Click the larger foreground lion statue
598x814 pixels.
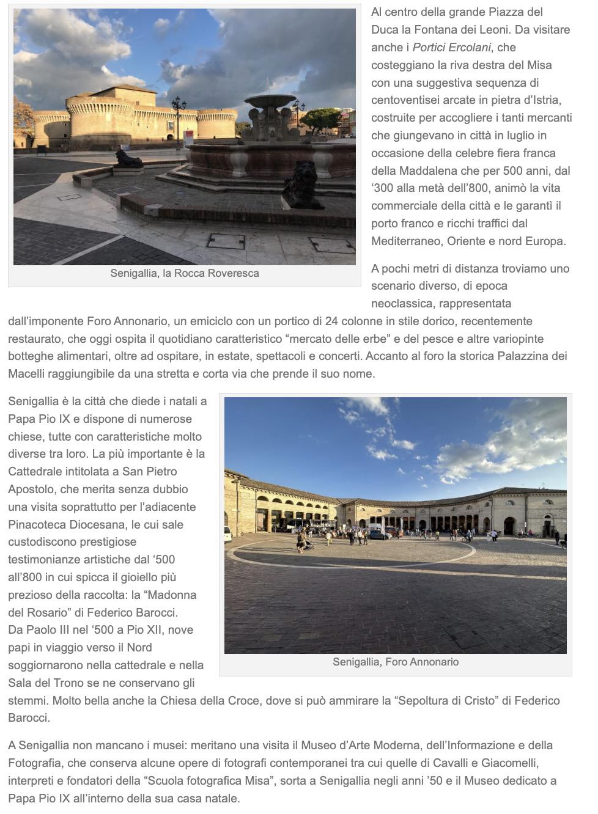[303, 185]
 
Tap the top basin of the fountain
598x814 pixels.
[270, 101]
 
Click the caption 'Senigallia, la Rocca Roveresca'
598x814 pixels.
[185, 273]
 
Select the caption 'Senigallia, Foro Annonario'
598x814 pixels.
[396, 662]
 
